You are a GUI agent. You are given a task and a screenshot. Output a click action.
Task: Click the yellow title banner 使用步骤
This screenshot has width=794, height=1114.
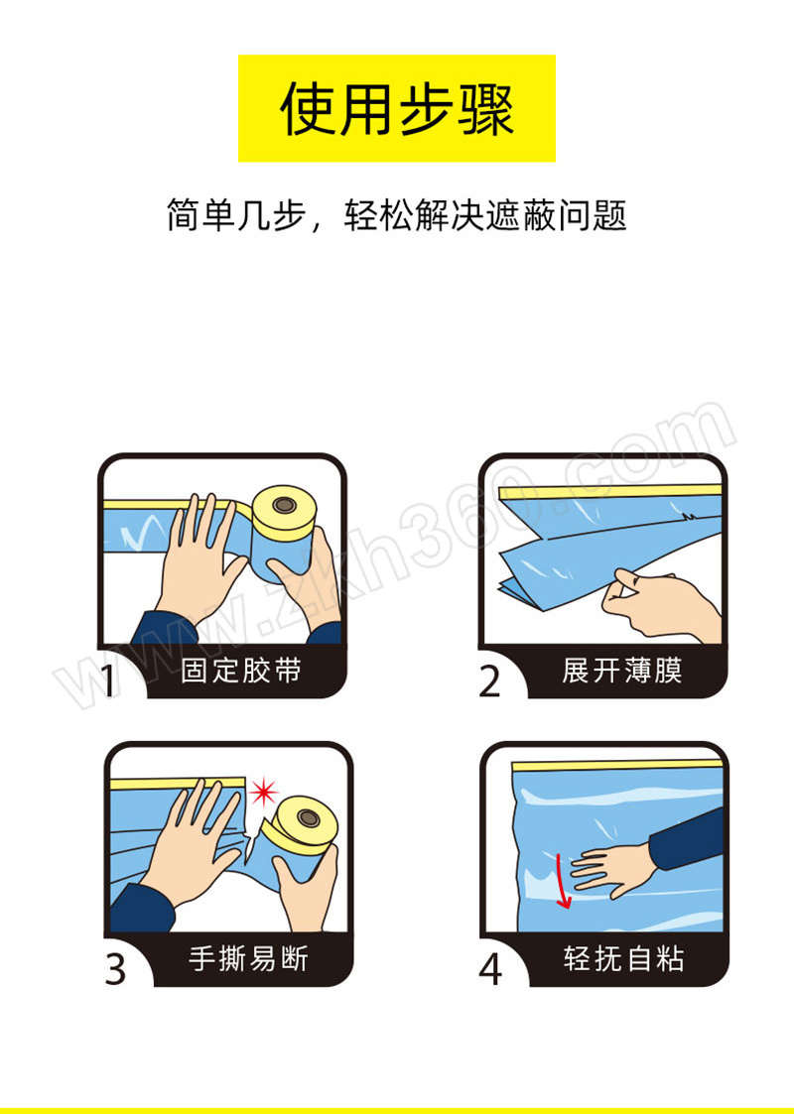[397, 108]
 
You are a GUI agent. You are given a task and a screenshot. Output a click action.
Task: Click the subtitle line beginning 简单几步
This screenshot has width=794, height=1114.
[397, 214]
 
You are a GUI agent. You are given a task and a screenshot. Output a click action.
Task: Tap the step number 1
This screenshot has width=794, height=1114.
[108, 680]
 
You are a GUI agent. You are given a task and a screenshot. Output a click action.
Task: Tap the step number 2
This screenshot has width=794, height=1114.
[489, 681]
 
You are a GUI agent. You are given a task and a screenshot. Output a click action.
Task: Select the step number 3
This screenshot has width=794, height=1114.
[115, 967]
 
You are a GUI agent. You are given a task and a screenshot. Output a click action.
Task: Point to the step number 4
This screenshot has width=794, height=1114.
[490, 967]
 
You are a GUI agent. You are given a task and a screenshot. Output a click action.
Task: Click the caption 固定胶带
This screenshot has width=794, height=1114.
[241, 671]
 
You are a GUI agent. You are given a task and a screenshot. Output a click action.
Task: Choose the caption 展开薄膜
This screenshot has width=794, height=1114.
[621, 671]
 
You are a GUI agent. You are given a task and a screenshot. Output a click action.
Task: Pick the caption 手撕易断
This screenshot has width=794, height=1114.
[248, 958]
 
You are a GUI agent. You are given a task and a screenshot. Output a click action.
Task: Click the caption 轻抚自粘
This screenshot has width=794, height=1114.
[624, 958]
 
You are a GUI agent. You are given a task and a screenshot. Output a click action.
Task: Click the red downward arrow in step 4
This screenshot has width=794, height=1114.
[562, 881]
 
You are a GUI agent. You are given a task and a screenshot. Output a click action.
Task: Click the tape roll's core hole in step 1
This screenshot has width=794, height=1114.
[285, 505]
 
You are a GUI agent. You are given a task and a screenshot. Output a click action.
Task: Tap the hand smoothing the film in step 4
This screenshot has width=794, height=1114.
[612, 867]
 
